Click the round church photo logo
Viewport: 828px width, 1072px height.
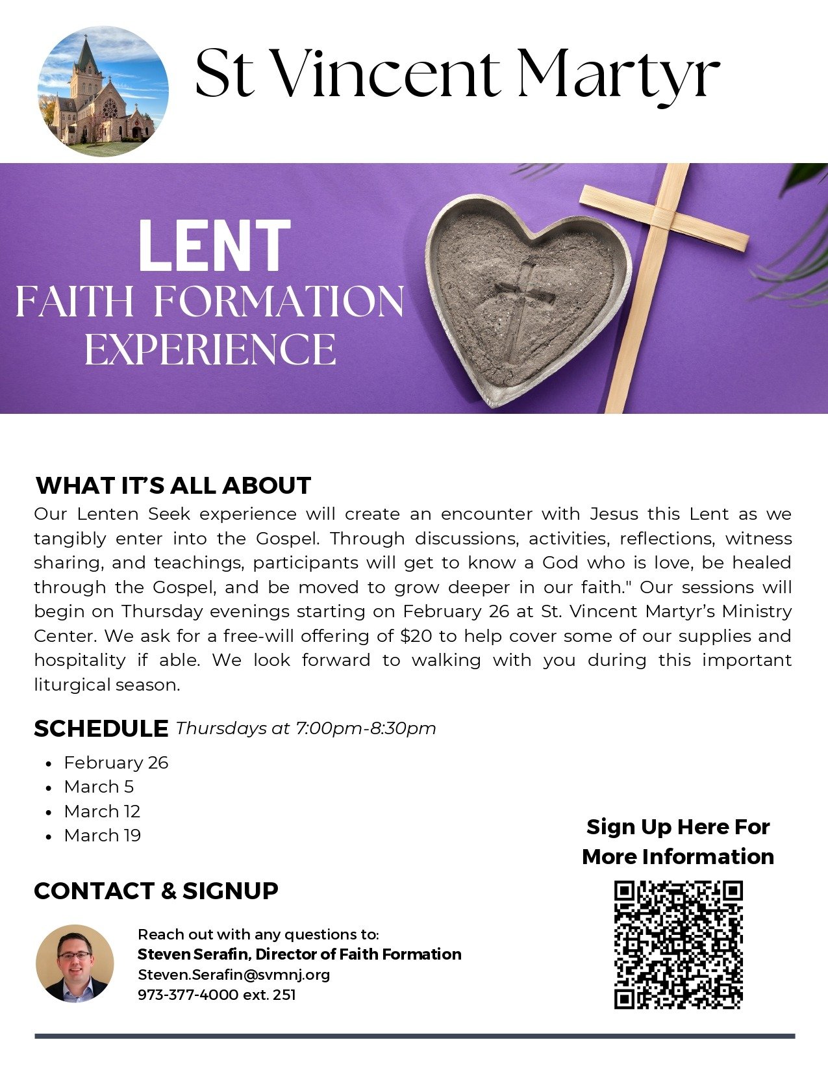click(x=103, y=91)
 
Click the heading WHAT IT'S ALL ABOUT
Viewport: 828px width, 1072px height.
click(x=173, y=485)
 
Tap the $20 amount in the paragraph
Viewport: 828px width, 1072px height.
click(x=416, y=635)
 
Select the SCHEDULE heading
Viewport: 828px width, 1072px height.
click(x=101, y=728)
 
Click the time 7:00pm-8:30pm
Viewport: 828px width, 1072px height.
click(x=366, y=728)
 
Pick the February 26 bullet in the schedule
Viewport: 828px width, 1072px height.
click(x=116, y=762)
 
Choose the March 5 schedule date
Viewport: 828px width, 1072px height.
click(x=99, y=786)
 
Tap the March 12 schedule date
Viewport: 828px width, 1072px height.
click(x=102, y=811)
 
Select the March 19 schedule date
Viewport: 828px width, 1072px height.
click(x=102, y=835)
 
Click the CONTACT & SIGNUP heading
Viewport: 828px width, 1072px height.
click(x=156, y=890)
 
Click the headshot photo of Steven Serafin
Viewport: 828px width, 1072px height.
click(x=75, y=964)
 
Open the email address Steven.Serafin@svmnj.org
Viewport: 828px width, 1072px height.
click(x=234, y=975)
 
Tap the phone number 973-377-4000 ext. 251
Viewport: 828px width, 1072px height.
click(x=217, y=995)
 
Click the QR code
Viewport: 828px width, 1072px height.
click(x=678, y=945)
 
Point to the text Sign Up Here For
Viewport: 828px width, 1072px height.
click(x=678, y=826)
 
